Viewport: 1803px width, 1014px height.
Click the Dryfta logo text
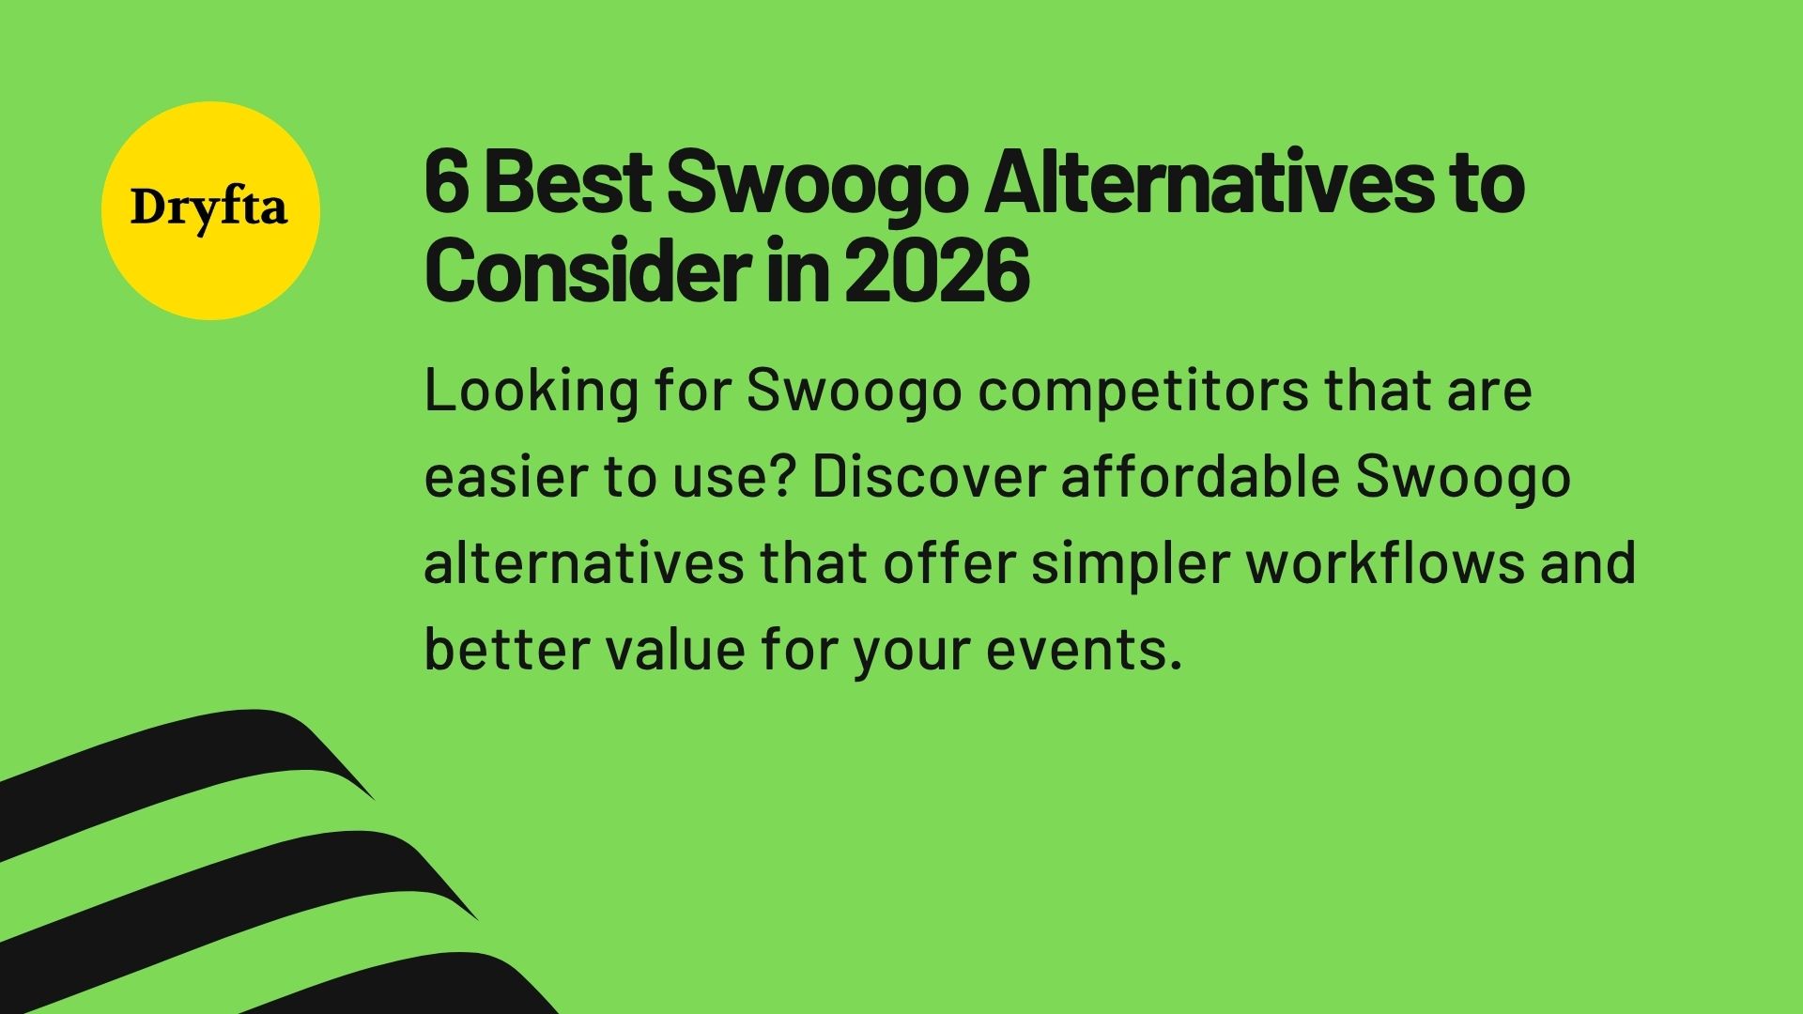(208, 208)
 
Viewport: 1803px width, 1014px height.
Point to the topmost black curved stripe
(188, 760)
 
